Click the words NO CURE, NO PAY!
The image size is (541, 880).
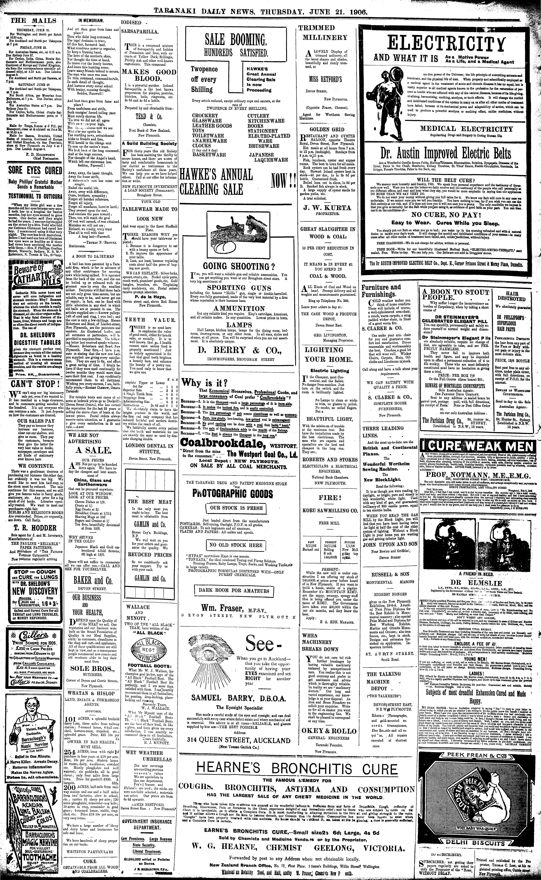pos(450,215)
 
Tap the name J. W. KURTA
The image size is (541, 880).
pos(327,208)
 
